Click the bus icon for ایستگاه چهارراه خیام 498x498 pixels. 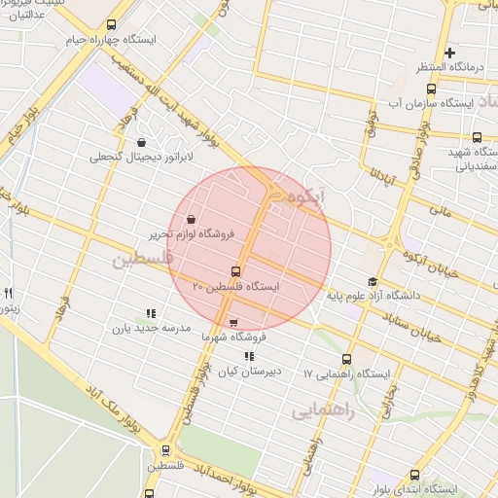click(111, 25)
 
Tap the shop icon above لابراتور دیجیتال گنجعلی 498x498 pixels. click(142, 142)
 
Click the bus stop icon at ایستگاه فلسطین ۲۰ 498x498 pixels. click(235, 271)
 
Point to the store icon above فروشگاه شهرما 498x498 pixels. click(232, 323)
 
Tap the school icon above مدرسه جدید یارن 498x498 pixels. click(151, 313)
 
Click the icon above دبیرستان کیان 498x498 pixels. click(249, 357)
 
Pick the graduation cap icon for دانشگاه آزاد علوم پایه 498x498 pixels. click(373, 281)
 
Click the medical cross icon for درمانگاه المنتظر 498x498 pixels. click(449, 53)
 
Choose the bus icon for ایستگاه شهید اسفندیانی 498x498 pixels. click(477, 138)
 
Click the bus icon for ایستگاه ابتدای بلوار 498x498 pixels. click(415, 474)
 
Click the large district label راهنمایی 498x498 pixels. click(322, 411)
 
